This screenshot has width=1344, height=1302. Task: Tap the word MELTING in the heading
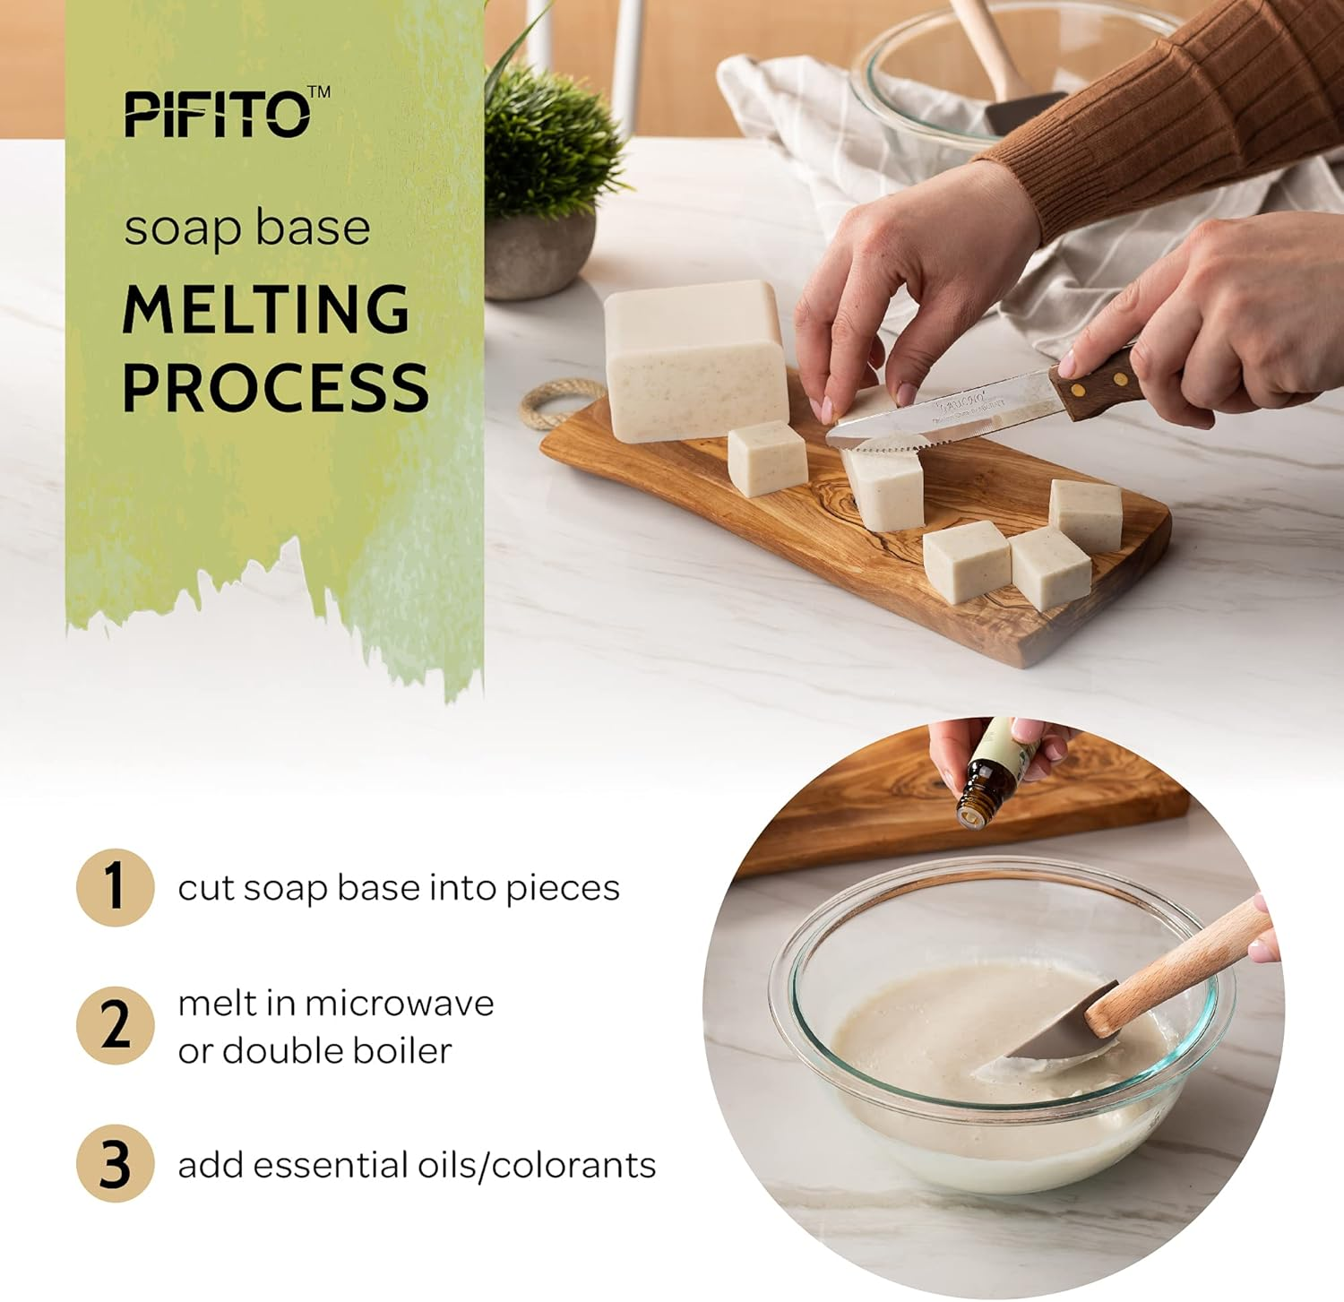click(x=265, y=309)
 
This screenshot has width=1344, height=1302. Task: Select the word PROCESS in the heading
click(x=275, y=387)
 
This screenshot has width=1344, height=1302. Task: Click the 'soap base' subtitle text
click(x=246, y=228)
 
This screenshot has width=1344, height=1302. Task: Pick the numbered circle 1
click(x=115, y=886)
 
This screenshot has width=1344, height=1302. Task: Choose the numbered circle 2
click(x=115, y=1025)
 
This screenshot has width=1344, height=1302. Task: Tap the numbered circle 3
click(x=115, y=1163)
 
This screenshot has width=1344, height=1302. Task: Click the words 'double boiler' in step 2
click(x=336, y=1051)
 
